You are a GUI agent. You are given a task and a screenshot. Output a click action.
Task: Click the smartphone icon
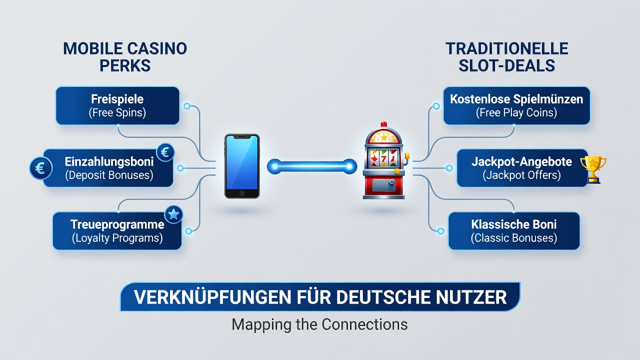coord(242,166)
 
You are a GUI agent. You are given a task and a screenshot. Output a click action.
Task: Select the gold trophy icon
coord(593,169)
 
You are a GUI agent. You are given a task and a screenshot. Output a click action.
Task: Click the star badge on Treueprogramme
coord(173,214)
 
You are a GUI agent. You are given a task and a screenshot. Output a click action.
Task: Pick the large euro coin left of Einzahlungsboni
coord(41,168)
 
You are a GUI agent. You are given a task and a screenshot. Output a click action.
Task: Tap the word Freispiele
coord(117,99)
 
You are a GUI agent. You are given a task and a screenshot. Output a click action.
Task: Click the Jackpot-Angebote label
coord(521,161)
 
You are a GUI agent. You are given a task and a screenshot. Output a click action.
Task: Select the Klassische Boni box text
coord(514,231)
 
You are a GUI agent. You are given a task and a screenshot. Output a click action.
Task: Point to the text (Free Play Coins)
coord(516,112)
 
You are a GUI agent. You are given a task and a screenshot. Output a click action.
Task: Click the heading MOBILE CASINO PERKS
coord(125,57)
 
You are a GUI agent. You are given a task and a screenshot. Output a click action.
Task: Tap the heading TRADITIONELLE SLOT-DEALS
coord(507,57)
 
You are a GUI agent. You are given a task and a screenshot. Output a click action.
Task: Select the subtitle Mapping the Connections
coord(319,324)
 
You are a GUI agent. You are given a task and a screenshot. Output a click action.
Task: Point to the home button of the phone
coord(242,193)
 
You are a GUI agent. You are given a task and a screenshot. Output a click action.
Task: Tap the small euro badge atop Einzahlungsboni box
coord(165,152)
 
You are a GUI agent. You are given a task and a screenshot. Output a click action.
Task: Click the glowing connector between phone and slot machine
coord(312,166)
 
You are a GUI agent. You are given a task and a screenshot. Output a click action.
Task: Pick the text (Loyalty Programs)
coord(117,238)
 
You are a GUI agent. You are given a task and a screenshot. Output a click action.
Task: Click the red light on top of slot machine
coord(384,124)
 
